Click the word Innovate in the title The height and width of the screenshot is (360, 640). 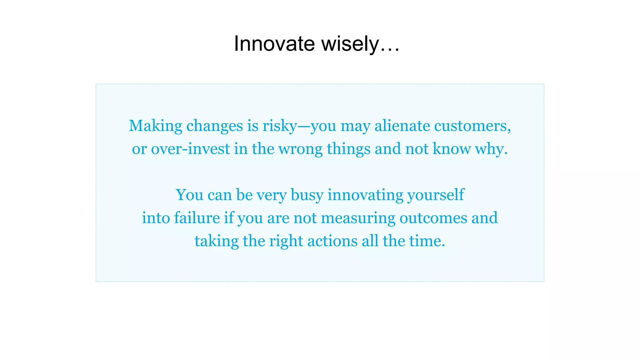pyautogui.click(x=274, y=43)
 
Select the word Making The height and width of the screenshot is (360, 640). pyautogui.click(x=155, y=126)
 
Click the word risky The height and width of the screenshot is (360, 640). pyautogui.click(x=279, y=126)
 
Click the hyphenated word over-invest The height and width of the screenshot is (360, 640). pyautogui.click(x=190, y=149)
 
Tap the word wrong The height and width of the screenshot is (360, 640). pyautogui.click(x=300, y=149)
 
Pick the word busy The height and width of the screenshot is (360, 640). pyautogui.click(x=307, y=195)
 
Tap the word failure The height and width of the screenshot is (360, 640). pyautogui.click(x=197, y=218)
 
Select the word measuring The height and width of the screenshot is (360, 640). pyautogui.click(x=358, y=218)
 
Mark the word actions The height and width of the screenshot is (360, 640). pyautogui.click(x=332, y=241)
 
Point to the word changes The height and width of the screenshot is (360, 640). pyautogui.click(x=214, y=126)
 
